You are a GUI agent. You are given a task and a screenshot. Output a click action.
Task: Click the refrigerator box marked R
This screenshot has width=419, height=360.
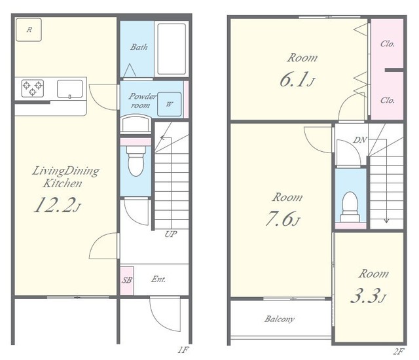click(x=29, y=29)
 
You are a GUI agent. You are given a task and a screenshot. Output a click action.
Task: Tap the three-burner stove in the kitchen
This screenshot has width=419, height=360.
click(x=33, y=88)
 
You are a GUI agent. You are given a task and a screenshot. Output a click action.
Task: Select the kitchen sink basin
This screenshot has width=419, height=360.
click(x=69, y=88)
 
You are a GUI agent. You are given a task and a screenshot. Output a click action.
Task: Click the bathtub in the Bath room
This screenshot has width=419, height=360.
click(x=172, y=49)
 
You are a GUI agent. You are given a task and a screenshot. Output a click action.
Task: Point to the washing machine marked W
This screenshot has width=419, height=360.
click(x=169, y=104)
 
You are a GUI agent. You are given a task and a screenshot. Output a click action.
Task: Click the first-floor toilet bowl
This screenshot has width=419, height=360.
click(x=136, y=161)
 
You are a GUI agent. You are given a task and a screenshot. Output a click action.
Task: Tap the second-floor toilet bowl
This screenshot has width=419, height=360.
click(x=350, y=206)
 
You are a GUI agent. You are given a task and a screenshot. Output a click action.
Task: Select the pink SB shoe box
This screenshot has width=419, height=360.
click(x=126, y=280)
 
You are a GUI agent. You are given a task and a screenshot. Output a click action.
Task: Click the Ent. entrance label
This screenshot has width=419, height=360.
click(x=158, y=279)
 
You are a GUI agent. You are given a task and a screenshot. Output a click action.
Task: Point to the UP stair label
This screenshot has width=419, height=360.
click(x=170, y=234)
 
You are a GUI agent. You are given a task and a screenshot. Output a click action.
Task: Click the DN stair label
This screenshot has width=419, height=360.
click(x=360, y=139)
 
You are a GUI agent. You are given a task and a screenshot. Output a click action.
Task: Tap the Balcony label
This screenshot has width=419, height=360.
click(x=280, y=319)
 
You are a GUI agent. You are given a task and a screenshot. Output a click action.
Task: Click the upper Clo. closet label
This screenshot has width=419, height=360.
click(x=388, y=44)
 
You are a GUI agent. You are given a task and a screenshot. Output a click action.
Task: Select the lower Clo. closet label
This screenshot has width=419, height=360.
click(x=388, y=100)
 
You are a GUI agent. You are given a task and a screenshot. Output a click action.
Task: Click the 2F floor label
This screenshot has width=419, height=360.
click(x=398, y=351)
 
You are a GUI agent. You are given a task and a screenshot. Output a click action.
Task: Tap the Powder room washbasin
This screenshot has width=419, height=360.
click(x=136, y=124)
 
